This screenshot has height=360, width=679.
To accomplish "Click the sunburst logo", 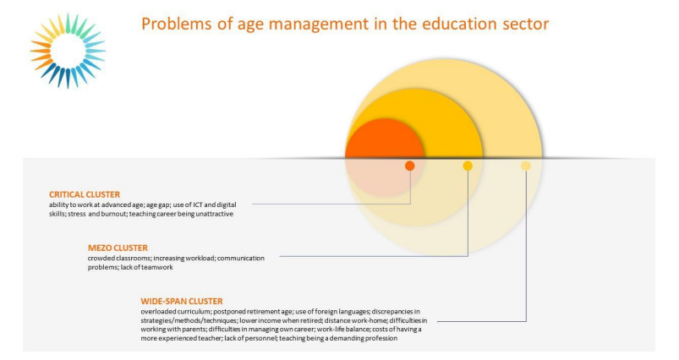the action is click(68, 51).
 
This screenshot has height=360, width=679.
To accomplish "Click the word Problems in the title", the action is click(177, 24).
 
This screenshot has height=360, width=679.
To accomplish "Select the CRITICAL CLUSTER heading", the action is click(85, 194).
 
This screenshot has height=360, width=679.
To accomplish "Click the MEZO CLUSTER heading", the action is click(118, 248).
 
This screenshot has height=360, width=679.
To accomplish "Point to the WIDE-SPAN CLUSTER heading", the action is click(182, 301).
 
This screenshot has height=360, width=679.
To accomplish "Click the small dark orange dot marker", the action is click(409, 166).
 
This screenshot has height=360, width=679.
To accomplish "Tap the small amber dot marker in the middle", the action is click(468, 166).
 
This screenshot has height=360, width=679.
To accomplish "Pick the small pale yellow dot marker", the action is click(526, 166).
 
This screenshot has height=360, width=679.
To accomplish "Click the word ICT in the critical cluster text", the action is click(198, 205).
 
